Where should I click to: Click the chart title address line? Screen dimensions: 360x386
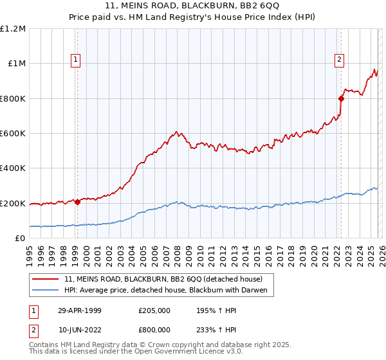pos(192,5)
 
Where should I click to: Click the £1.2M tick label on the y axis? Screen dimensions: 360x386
pos(13,29)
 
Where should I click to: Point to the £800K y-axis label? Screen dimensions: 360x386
pos(13,98)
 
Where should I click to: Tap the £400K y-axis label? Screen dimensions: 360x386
pos(13,168)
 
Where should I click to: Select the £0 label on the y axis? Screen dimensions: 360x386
pos(21,239)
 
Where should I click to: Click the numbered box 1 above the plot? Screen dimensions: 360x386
pos(76,60)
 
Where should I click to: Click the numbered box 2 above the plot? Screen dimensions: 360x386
pos(339,60)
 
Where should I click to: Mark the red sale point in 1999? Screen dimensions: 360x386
pos(78,202)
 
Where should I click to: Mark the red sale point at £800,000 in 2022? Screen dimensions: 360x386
pos(340,98)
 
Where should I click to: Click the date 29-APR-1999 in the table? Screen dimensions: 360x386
pos(80,310)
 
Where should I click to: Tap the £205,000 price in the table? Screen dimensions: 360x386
pos(154,310)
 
